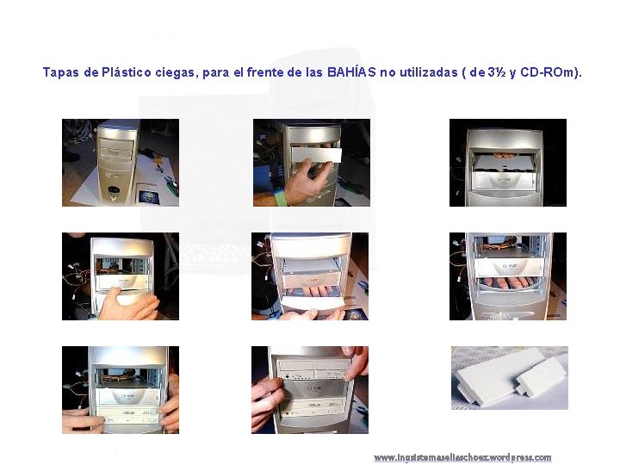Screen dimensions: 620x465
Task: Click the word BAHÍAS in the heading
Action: point(351,72)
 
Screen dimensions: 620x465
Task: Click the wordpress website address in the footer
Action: point(462,457)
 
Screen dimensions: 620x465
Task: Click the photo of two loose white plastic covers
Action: point(510,378)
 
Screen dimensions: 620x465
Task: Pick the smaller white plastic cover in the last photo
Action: point(540,378)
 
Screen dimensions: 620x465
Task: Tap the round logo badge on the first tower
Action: point(114,194)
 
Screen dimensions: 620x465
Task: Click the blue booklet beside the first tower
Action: point(148,194)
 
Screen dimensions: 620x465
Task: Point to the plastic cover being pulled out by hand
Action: point(316,155)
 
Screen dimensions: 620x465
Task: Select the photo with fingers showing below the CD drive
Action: point(508,276)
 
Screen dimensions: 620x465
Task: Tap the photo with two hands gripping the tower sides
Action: point(121,390)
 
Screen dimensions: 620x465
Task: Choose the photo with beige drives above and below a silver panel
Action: point(310,390)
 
